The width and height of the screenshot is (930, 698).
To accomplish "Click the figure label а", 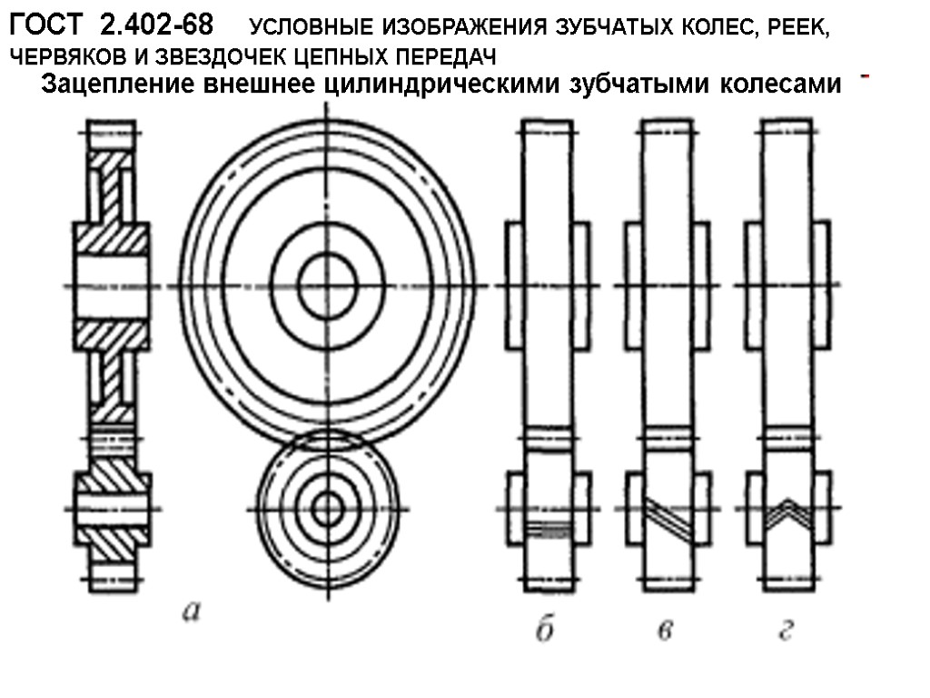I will click(x=191, y=612).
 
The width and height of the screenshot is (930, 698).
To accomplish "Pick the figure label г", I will click(x=787, y=629).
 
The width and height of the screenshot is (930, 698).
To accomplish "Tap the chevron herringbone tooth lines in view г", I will click(x=787, y=511).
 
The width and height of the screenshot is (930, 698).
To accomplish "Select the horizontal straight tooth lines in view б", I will click(x=548, y=526).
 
